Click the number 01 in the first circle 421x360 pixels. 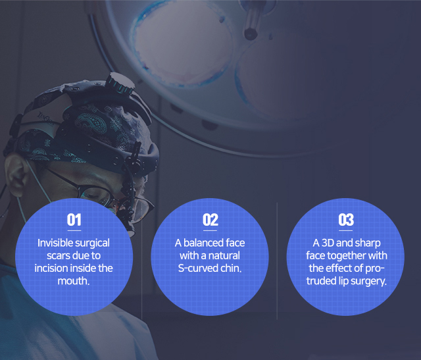pyautogui.click(x=74, y=220)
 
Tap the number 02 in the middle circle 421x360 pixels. pyautogui.click(x=210, y=220)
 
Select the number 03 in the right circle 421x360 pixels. pyautogui.click(x=346, y=220)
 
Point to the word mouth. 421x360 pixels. pyautogui.click(x=73, y=281)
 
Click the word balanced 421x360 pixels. pyautogui.click(x=203, y=243)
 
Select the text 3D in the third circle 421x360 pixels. pyautogui.click(x=328, y=243)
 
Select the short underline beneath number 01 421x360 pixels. pyautogui.click(x=74, y=230)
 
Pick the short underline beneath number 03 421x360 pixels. pyautogui.click(x=346, y=230)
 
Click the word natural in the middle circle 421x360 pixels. pyautogui.click(x=224, y=255)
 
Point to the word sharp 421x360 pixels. pyautogui.click(x=368, y=243)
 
